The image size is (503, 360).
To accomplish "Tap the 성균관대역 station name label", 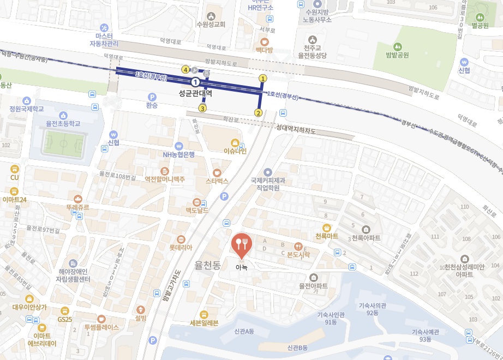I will tap(195, 93).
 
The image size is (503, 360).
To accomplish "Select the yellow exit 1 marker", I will tap(262, 79).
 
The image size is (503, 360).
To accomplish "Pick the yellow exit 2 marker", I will tap(258, 113).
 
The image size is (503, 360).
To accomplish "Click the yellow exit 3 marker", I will tap(202, 108).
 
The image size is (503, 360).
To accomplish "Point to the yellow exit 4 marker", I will tap(186, 70).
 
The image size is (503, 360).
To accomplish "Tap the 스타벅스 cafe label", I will tap(217, 180).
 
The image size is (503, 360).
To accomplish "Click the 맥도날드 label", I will tap(197, 209).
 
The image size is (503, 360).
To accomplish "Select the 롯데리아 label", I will tap(181, 247).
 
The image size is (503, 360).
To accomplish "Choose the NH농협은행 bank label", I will tap(179, 154).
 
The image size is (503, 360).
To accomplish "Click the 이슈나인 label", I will tap(236, 151).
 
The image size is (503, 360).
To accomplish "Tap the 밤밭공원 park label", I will tap(397, 55).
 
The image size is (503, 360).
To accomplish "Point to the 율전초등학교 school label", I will tap(63, 123).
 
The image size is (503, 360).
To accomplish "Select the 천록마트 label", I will tap(327, 236).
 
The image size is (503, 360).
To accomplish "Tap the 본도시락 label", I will tap(298, 254).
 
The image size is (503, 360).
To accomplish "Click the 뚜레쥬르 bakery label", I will tap(78, 207).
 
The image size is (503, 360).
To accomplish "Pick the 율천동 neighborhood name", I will tap(207, 266).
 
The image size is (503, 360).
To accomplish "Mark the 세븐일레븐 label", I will tap(203, 322).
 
